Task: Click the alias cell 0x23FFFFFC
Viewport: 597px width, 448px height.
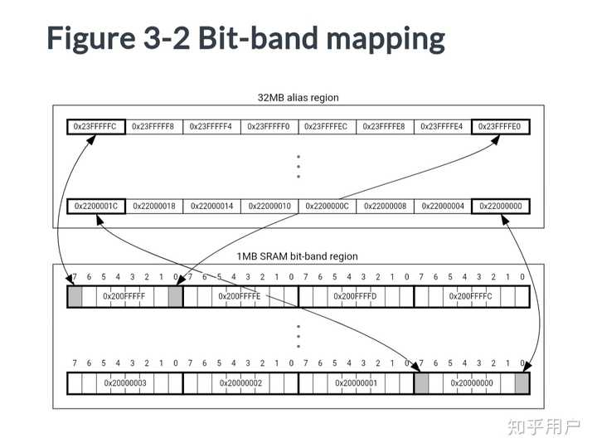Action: pyautogui.click(x=96, y=126)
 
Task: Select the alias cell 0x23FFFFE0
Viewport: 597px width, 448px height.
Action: pyautogui.click(x=500, y=126)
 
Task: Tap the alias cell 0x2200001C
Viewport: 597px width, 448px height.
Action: pyautogui.click(x=96, y=206)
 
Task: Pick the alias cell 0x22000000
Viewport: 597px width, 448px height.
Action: pyautogui.click(x=500, y=206)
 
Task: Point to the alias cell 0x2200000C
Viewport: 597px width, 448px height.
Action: pyautogui.click(x=327, y=206)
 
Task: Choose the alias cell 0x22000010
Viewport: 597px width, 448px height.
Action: pyautogui.click(x=269, y=206)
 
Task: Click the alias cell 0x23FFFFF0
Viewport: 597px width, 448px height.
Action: pyautogui.click(x=269, y=126)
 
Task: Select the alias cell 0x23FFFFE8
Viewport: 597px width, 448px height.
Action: pyautogui.click(x=385, y=126)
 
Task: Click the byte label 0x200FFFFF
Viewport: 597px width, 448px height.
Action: pyautogui.click(x=124, y=296)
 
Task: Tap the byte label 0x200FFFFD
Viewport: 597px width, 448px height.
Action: pyautogui.click(x=355, y=296)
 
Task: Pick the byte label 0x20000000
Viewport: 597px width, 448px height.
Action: pyautogui.click(x=472, y=382)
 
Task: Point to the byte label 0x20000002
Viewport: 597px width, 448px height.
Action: pyautogui.click(x=240, y=382)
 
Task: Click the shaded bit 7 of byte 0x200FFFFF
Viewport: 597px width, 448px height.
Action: pyautogui.click(x=75, y=296)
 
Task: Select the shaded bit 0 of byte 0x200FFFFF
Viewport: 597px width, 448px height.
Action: pyautogui.click(x=175, y=296)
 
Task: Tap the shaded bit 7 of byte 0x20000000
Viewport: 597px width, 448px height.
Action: pyautogui.click(x=421, y=383)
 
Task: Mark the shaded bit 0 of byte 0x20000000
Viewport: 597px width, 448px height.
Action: pyautogui.click(x=522, y=383)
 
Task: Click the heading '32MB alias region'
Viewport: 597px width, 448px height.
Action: pyautogui.click(x=298, y=98)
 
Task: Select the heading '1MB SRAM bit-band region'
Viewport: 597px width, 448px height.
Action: pyautogui.click(x=298, y=256)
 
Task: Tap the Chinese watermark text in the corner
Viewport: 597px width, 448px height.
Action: pyautogui.click(x=544, y=427)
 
